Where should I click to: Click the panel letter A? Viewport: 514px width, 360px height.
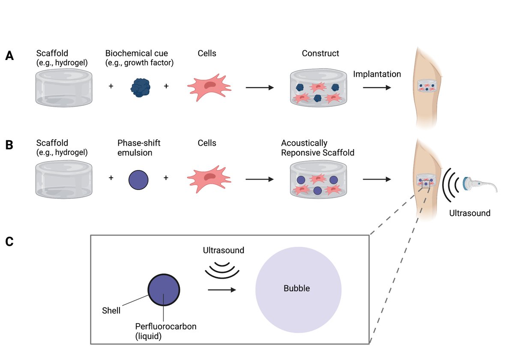point(9,56)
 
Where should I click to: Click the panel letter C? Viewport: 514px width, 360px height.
point(9,242)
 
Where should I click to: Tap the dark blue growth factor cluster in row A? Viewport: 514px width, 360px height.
point(140,87)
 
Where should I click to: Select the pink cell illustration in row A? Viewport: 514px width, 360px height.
point(209,87)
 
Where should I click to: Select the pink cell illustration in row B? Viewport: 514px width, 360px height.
point(209,177)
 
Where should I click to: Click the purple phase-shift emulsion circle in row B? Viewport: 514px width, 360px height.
point(138,178)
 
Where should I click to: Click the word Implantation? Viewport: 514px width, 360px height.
point(377,74)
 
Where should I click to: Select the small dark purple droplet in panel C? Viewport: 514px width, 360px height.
point(164,290)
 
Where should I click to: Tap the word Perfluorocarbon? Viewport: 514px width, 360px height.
point(166,327)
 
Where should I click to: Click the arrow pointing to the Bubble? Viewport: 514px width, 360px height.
point(221,290)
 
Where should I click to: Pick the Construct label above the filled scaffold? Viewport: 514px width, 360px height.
point(320,54)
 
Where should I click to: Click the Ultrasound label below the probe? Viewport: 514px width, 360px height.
point(470,213)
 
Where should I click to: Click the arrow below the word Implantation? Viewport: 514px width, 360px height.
point(377,87)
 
